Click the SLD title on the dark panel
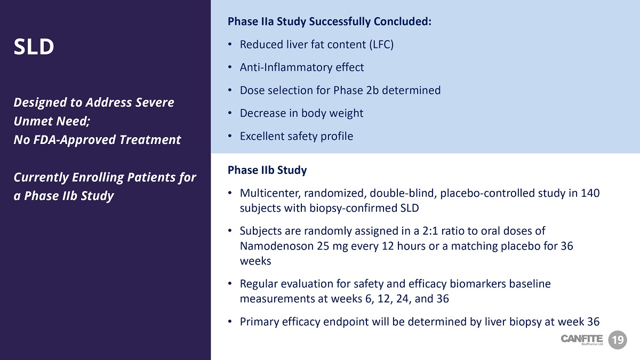34,46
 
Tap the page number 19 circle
618,340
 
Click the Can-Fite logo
582,340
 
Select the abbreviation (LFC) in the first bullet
381,45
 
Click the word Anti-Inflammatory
286,67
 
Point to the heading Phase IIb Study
267,170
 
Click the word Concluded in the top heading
403,21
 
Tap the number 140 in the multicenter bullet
590,193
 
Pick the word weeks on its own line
255,261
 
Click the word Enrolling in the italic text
98,178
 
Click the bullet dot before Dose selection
230,90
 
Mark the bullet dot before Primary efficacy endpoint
230,322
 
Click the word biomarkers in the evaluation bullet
478,284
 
